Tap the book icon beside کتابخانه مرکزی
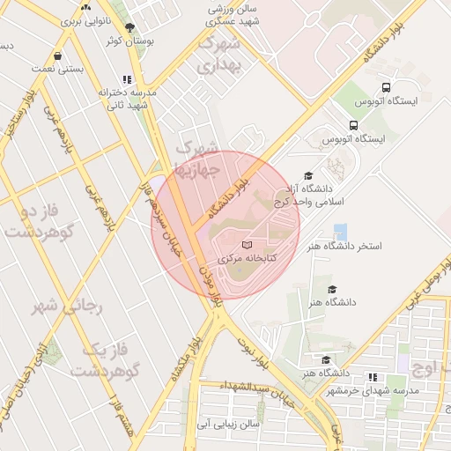(x=247, y=244)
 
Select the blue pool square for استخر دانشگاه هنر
(x=340, y=232)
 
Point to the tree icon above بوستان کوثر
(x=130, y=28)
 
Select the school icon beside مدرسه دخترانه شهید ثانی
(x=128, y=79)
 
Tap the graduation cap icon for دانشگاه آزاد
(x=307, y=176)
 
